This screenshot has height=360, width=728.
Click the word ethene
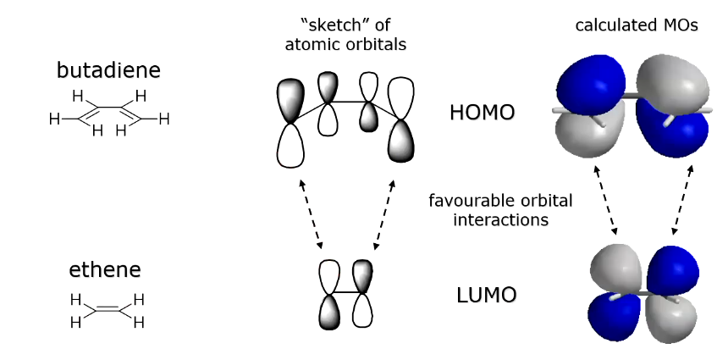[105, 271]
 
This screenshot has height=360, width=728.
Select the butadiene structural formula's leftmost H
[54, 119]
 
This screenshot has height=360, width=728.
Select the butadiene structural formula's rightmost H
[164, 119]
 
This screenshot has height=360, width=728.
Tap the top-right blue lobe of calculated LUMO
[674, 269]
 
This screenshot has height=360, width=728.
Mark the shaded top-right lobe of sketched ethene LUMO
[362, 276]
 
